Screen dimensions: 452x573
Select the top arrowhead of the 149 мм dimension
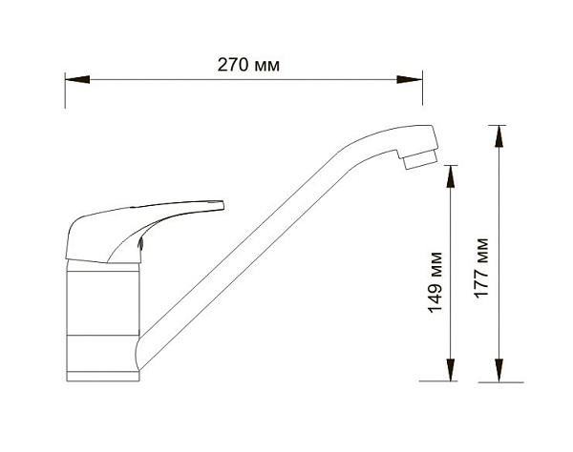click(x=452, y=175)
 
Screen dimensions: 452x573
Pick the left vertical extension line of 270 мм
click(x=65, y=91)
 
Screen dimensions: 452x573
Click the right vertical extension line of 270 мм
click(x=425, y=91)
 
